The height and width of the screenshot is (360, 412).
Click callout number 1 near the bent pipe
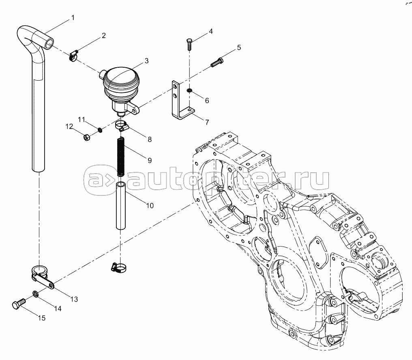point(73,17)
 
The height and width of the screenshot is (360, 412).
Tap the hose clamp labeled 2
point(74,56)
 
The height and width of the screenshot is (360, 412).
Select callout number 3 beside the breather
point(146,61)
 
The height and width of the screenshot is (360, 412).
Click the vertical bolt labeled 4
point(189,44)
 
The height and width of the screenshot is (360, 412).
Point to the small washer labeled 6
point(189,91)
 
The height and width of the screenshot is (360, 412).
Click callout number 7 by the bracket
point(207,122)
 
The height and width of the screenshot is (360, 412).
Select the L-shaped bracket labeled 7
point(182,100)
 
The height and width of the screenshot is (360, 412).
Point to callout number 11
point(82,120)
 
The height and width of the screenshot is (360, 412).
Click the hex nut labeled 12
point(87,137)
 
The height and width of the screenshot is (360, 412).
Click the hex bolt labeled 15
point(18,304)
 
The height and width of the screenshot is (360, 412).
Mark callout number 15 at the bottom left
point(41,318)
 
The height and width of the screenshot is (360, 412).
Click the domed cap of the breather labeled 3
point(121,76)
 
